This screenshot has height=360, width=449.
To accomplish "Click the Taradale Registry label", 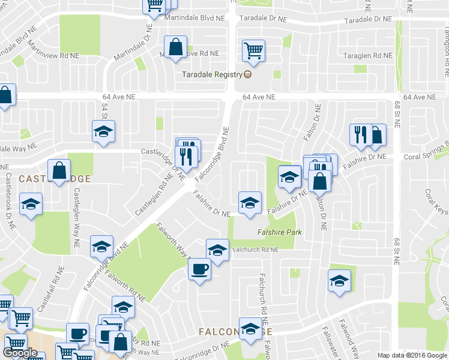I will (211, 75).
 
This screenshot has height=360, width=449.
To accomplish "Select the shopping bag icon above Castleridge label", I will (59, 170).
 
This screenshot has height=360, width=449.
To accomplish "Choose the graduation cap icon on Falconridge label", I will (250, 328).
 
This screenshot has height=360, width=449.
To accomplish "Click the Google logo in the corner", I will (20, 353).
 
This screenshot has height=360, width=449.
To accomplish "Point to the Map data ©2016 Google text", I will (412, 355).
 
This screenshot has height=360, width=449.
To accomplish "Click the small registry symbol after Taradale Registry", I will (247, 75).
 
